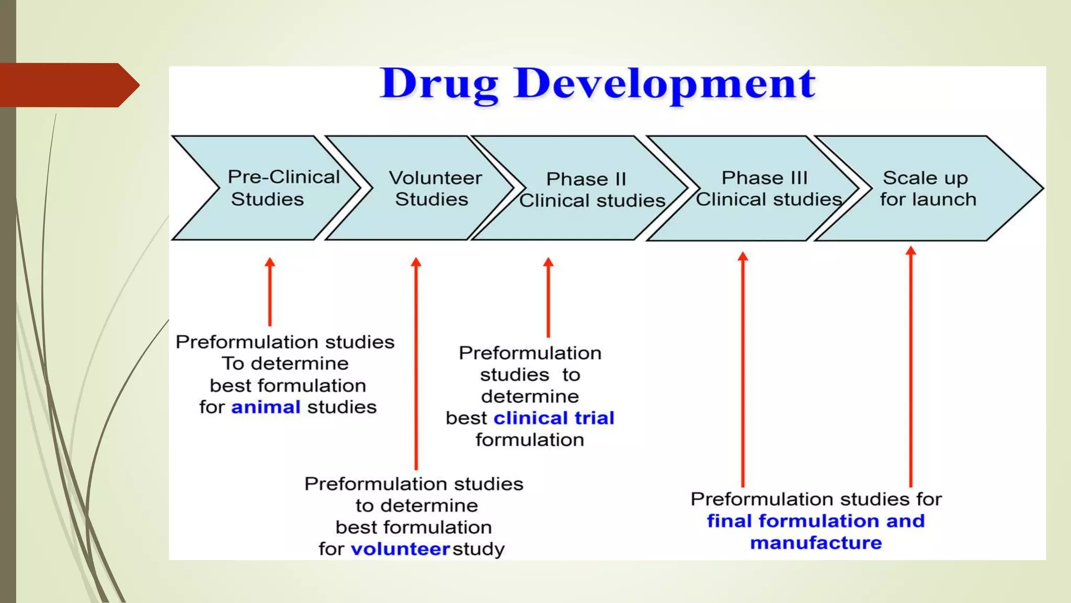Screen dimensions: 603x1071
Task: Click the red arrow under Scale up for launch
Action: point(911,366)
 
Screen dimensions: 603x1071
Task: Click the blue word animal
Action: point(266,407)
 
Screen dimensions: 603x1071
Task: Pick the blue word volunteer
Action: point(400,549)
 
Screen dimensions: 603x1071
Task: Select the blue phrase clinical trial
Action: point(554,418)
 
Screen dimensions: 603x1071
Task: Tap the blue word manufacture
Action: point(816,543)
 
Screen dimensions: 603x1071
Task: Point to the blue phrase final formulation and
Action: point(816,521)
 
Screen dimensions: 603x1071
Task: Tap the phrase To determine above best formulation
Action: point(285,363)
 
